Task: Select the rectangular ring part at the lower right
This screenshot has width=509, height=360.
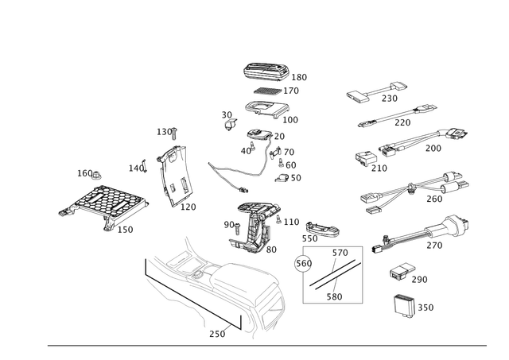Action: coord(403,304)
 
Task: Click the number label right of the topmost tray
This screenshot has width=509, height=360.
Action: coord(299,77)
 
